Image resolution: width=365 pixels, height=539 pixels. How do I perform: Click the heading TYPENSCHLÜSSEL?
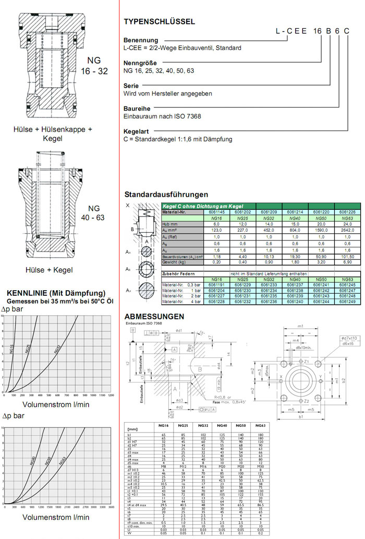click(x=160, y=22)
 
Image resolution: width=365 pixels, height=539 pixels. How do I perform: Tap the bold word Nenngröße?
click(x=139, y=63)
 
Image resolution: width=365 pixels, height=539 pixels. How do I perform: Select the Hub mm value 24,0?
click(x=346, y=223)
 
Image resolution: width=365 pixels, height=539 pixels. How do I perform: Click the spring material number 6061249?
click(x=346, y=301)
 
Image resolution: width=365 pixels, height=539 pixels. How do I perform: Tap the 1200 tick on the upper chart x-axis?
click(x=110, y=396)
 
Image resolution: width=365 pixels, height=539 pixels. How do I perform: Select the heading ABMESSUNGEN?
click(x=154, y=317)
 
